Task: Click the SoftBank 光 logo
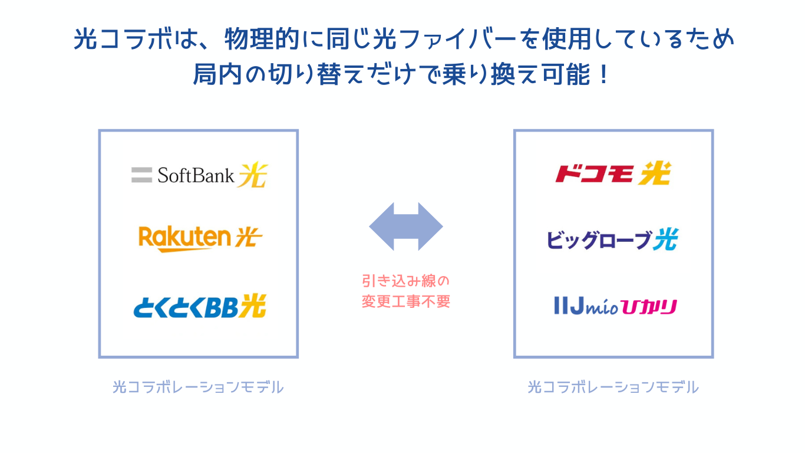pyautogui.click(x=199, y=175)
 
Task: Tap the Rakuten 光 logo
pyautogui.click(x=200, y=238)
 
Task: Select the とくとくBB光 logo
pyautogui.click(x=199, y=306)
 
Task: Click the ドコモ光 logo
pyautogui.click(x=613, y=173)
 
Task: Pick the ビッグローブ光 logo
pyautogui.click(x=613, y=239)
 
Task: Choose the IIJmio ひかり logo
pyautogui.click(x=615, y=306)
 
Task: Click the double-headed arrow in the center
pyautogui.click(x=406, y=226)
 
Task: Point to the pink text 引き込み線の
pyautogui.click(x=406, y=280)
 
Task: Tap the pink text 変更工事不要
pyautogui.click(x=406, y=302)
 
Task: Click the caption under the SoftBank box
pyautogui.click(x=198, y=388)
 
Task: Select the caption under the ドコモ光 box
pyautogui.click(x=613, y=388)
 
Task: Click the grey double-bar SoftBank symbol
pyautogui.click(x=141, y=175)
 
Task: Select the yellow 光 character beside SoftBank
pyautogui.click(x=253, y=175)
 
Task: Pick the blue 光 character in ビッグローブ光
pyautogui.click(x=665, y=239)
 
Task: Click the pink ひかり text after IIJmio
pyautogui.click(x=652, y=307)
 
